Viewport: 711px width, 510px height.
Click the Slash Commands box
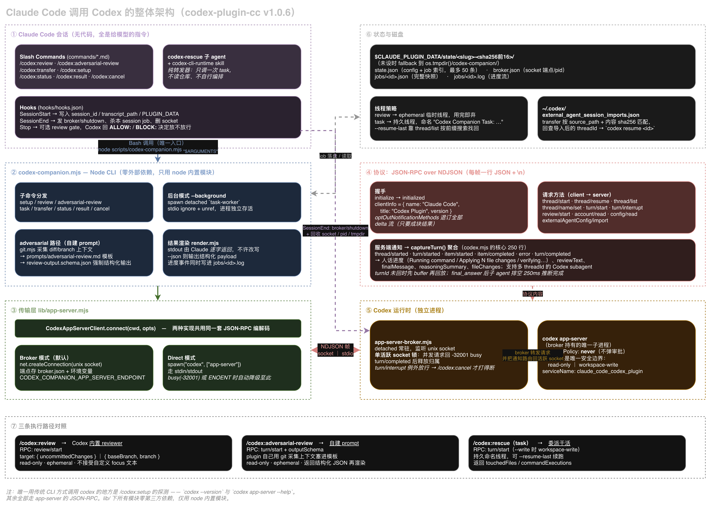tap(84, 67)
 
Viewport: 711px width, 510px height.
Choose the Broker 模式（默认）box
tap(84, 367)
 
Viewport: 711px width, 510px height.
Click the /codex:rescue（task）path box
tap(577, 453)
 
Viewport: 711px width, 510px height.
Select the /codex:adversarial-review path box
tap(350, 453)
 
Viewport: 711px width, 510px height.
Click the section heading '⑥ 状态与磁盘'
tap(385, 34)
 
